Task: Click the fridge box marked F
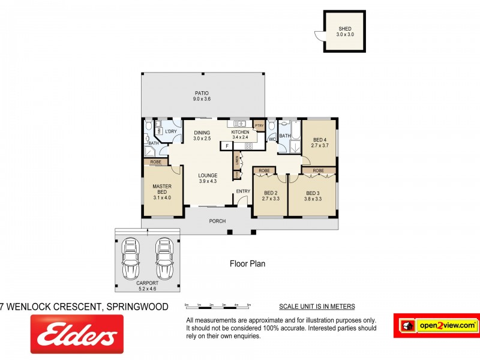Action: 227,145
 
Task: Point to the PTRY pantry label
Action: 259,125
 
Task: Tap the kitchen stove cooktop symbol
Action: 248,145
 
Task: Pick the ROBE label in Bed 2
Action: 263,171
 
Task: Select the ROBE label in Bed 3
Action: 318,171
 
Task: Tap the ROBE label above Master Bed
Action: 155,162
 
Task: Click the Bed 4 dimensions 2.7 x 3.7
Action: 319,145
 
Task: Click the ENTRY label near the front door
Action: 243,191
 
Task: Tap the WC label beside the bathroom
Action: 272,139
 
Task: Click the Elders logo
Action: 77,335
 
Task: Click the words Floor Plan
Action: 247,263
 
